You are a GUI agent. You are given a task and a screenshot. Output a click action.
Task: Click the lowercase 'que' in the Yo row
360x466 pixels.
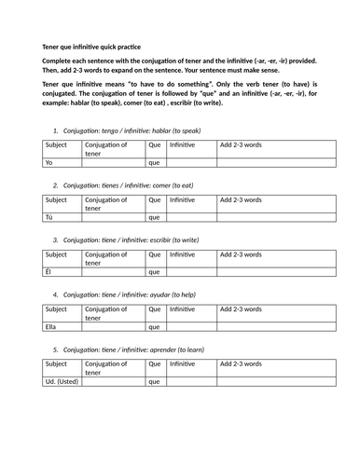click(x=155, y=162)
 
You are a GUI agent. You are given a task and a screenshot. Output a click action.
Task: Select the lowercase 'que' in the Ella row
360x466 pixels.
click(x=155, y=327)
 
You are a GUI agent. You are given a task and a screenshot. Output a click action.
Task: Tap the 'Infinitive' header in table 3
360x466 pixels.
click(x=183, y=255)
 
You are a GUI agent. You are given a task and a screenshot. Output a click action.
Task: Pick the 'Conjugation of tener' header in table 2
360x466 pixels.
click(x=113, y=204)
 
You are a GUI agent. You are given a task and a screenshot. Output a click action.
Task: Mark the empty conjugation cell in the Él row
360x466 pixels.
click(x=113, y=272)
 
